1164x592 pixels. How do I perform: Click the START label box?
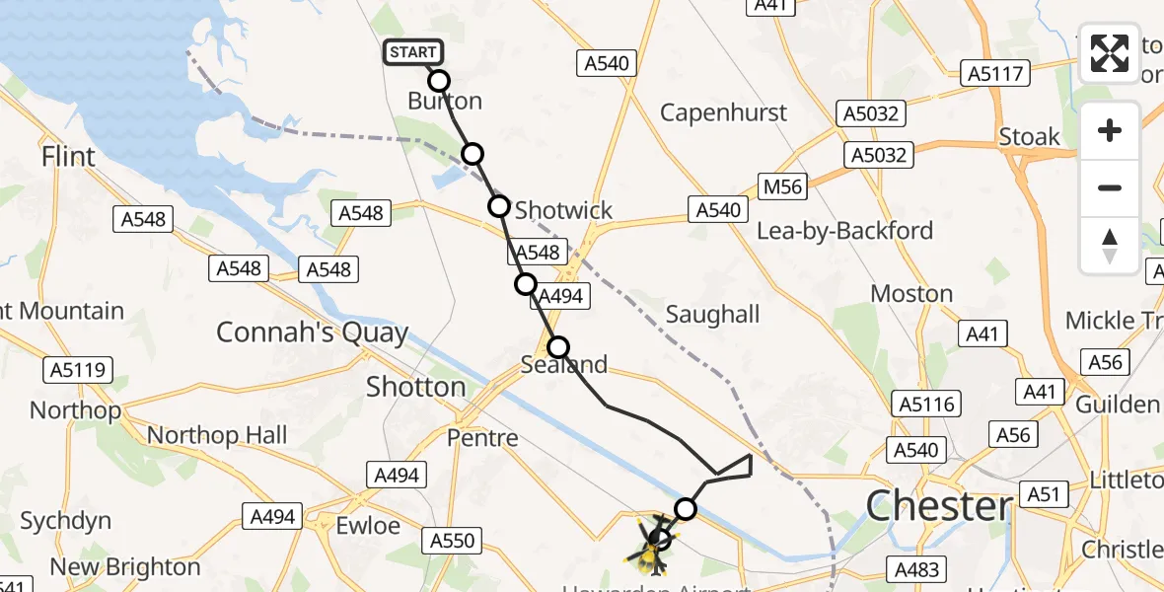[412, 52]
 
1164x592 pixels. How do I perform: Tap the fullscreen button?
[1110, 53]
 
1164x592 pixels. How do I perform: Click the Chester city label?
[938, 507]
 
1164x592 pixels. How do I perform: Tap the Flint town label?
[69, 157]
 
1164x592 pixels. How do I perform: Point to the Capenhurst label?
[724, 112]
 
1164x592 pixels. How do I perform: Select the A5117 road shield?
[996, 72]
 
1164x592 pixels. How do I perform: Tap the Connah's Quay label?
[312, 333]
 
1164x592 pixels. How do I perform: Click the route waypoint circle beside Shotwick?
[499, 206]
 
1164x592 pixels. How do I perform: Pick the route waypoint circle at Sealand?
[558, 347]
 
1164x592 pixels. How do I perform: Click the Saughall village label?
[712, 314]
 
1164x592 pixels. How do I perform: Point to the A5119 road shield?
[78, 370]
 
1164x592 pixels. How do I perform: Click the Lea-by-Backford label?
[844, 231]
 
